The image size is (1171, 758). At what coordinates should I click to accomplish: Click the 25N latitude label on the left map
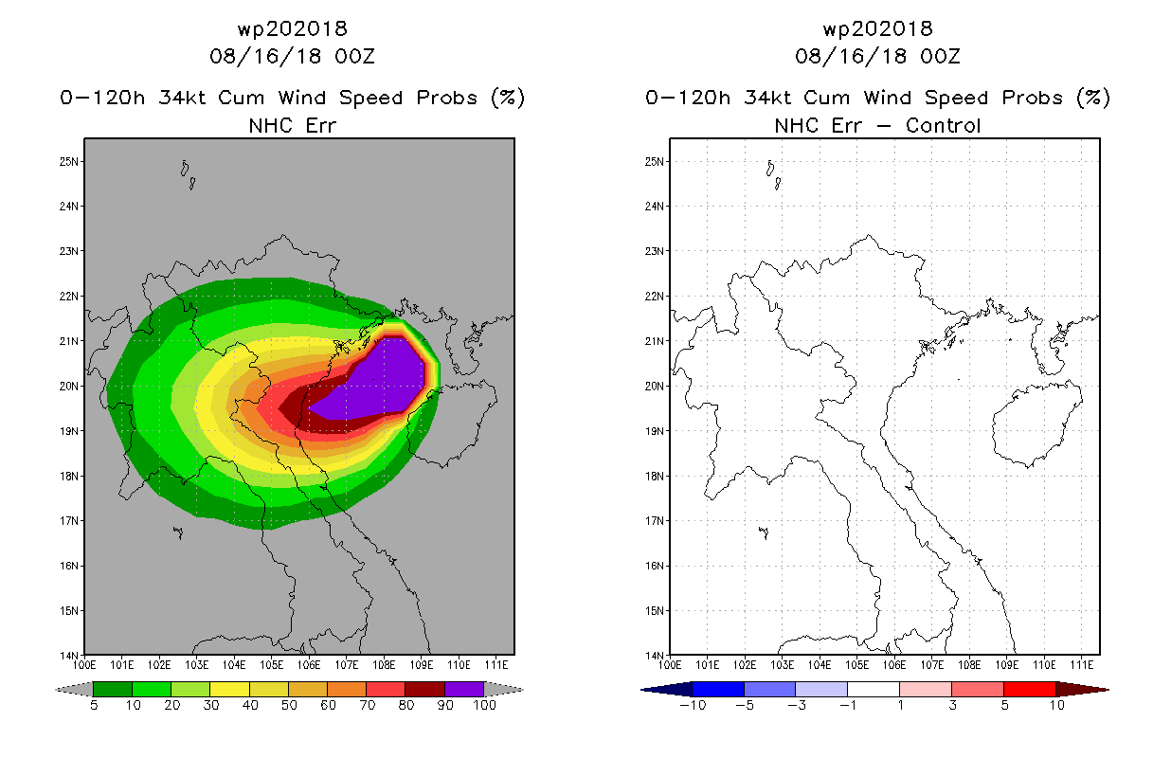68,161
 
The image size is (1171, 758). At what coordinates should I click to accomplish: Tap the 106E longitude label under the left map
309,665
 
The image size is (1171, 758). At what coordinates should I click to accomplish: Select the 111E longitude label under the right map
1082,665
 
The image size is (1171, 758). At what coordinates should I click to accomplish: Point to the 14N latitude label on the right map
654,656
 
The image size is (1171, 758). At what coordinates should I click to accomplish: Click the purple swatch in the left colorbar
464,689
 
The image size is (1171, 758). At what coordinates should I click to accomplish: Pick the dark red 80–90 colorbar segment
425,689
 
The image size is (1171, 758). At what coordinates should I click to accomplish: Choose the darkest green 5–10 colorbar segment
113,689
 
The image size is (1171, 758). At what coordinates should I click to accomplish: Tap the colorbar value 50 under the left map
289,705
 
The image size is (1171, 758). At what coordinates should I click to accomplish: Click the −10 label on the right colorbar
693,705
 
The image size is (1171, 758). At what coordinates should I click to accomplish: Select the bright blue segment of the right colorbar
718,689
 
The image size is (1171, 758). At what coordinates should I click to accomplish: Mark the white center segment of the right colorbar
874,689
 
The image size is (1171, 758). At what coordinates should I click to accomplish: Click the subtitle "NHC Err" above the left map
292,125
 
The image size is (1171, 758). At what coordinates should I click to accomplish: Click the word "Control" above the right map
943,125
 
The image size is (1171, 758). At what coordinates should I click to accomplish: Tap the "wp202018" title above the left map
292,28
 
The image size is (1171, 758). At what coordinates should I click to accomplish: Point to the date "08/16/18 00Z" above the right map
877,56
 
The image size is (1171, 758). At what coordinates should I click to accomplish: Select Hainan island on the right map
1037,424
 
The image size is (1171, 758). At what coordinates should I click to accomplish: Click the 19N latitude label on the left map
68,431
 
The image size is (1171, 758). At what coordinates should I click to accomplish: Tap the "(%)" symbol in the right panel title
1093,98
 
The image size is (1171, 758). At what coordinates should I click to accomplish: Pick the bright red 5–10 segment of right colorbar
1029,689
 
